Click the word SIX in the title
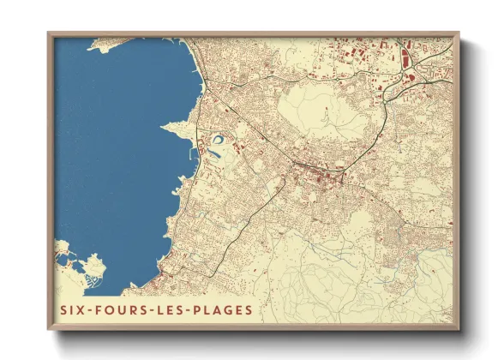pyautogui.click(x=74, y=309)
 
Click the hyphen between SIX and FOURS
pyautogui.click(x=90, y=309)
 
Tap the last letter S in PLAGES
pyautogui.click(x=249, y=309)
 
